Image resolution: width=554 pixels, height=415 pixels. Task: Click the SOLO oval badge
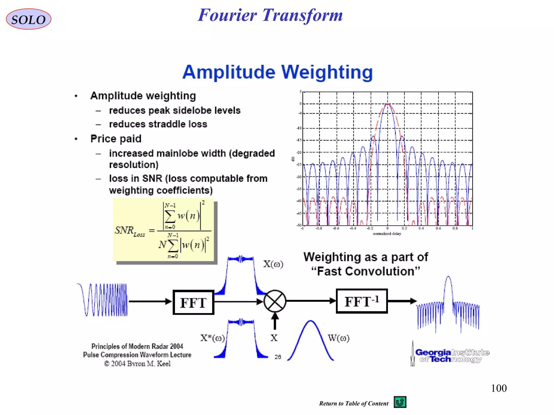[28, 19]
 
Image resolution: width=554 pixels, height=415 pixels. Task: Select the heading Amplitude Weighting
[278, 72]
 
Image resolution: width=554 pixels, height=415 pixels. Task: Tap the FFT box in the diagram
[193, 302]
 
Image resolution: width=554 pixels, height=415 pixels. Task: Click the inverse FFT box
[362, 301]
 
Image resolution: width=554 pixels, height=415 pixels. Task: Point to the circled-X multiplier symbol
[275, 301]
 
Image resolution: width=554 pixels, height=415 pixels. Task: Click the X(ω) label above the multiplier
[273, 264]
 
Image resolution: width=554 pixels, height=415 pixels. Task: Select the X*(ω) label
[212, 338]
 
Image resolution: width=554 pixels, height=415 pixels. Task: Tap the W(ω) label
[338, 338]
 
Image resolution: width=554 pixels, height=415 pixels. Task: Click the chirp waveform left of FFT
[103, 300]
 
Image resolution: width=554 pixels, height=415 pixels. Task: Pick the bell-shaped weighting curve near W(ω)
[310, 340]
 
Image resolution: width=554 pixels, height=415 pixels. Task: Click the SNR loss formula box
[163, 230]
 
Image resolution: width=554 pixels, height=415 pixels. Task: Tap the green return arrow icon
[400, 402]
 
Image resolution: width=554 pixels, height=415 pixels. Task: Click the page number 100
[499, 388]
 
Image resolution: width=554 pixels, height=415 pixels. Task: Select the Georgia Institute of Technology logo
[450, 355]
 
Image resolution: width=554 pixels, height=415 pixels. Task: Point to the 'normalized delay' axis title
[387, 234]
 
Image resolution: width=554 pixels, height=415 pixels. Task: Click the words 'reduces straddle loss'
[158, 124]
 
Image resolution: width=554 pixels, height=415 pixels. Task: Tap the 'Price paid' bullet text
[116, 139]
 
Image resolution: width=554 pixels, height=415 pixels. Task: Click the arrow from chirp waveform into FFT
[150, 301]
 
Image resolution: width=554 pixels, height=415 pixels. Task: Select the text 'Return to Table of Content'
[354, 403]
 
